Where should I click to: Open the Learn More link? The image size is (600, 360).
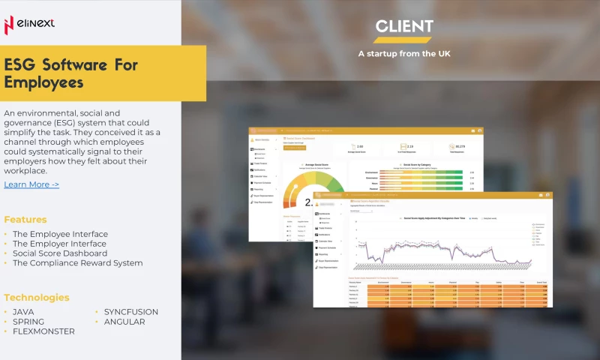[x=31, y=184]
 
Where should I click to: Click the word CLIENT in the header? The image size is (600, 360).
[x=404, y=27]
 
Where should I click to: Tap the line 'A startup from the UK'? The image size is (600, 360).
[x=404, y=53]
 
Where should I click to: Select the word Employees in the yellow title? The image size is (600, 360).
[x=43, y=82]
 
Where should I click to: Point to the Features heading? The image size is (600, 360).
[x=25, y=220]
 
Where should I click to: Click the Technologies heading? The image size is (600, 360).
[x=37, y=297]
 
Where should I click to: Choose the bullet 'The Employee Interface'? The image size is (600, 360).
[x=60, y=234]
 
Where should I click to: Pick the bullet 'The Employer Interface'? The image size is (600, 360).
[x=59, y=244]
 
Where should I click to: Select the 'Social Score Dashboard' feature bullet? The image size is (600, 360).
[x=60, y=253]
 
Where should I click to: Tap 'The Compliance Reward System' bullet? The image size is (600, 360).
[x=77, y=263]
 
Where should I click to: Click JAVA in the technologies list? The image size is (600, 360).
[x=23, y=312]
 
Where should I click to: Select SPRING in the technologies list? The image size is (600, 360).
[x=28, y=322]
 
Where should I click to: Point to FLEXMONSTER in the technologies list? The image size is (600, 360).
[x=43, y=331]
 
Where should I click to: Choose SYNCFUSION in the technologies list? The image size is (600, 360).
[x=131, y=312]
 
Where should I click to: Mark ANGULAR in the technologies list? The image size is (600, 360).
[x=124, y=322]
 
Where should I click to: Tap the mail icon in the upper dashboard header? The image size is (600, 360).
[x=472, y=131]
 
